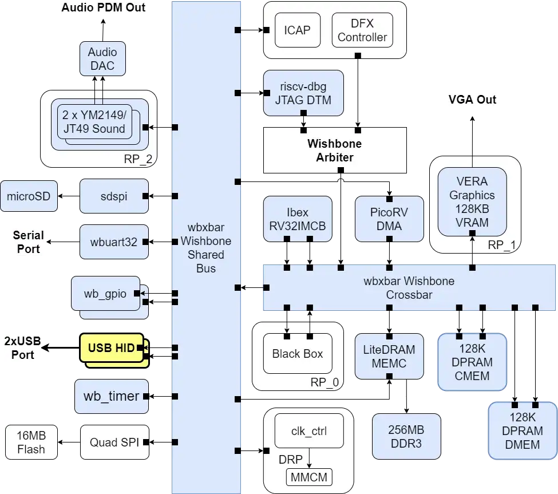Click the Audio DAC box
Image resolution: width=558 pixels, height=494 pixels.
101,59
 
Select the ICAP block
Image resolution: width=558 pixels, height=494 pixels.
296,30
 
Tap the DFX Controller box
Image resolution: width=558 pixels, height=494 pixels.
362,30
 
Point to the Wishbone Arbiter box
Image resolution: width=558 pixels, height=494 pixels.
335,150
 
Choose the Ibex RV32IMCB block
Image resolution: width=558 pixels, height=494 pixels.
297,219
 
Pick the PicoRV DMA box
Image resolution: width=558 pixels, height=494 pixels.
389,219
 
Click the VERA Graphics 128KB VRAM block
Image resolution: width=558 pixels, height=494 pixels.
472,201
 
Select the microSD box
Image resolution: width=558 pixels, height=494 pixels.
29,196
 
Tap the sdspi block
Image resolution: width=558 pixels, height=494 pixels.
114,196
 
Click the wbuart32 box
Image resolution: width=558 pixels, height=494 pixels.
114,242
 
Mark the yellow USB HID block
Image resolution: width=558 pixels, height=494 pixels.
112,348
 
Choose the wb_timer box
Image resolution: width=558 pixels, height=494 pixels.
112,396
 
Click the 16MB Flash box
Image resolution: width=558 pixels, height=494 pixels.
31,442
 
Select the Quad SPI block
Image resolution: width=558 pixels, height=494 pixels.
114,442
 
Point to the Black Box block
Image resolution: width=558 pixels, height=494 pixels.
298,354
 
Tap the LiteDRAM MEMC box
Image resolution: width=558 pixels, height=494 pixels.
389,356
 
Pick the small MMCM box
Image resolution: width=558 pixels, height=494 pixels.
309,476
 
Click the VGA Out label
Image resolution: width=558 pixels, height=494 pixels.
472,100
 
